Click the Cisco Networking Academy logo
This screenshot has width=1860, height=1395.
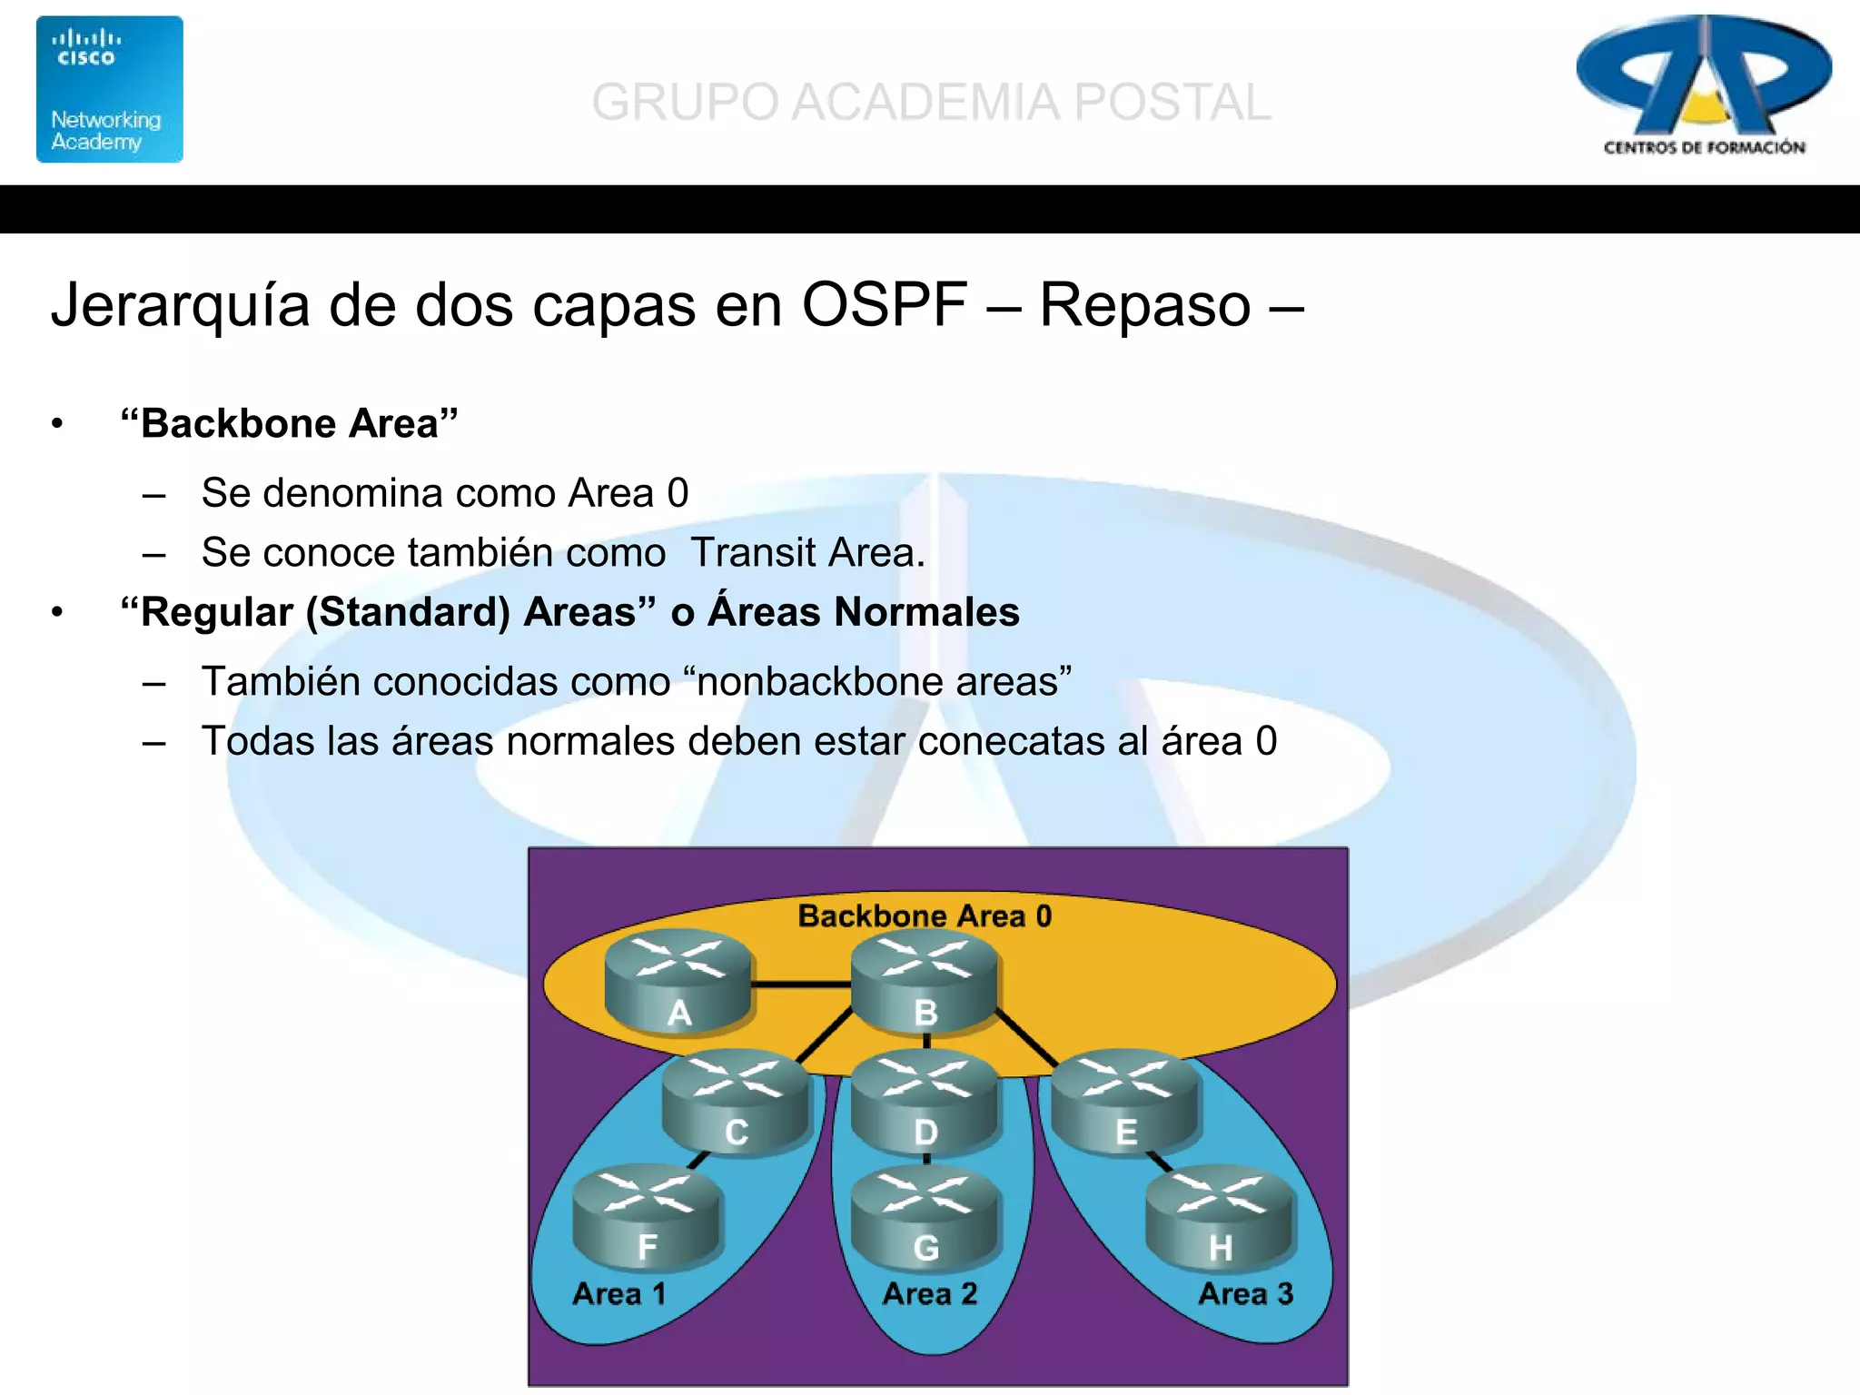109,89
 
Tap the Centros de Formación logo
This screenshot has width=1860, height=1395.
1704,86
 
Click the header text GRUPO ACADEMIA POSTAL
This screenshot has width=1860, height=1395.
931,102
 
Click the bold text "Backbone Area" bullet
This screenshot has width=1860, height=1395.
289,423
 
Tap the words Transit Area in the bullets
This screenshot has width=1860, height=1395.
806,552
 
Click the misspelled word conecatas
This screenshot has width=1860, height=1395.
1010,741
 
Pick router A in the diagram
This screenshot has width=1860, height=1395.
678,981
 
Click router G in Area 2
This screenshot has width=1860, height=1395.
925,1219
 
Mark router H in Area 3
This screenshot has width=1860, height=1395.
1220,1219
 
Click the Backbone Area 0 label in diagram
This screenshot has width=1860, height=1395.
925,915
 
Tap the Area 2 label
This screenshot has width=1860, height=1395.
930,1293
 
